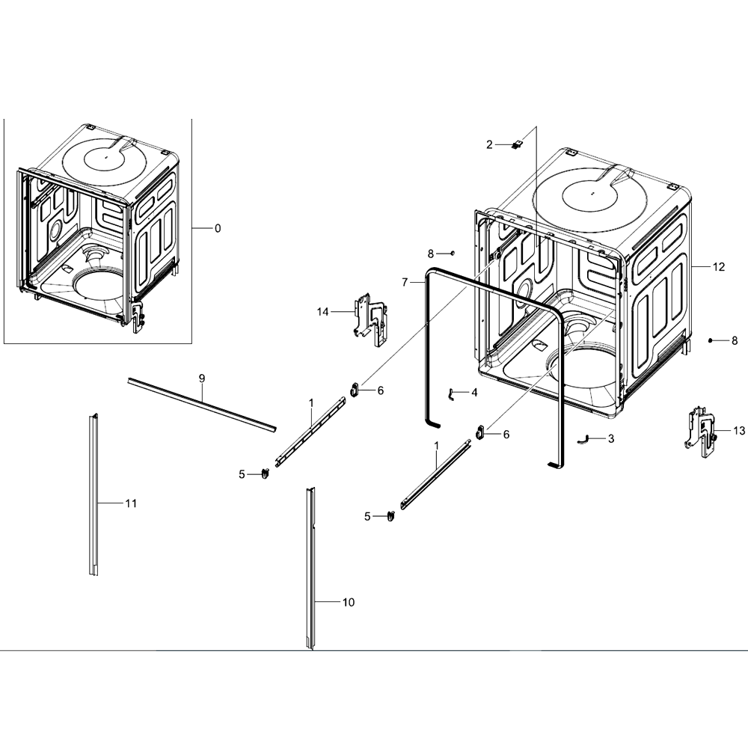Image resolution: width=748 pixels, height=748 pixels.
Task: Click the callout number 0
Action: (218, 228)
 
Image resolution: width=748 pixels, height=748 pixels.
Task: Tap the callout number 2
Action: (489, 144)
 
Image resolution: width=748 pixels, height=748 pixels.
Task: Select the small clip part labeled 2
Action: (516, 144)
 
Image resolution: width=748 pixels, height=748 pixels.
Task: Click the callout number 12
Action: (718, 267)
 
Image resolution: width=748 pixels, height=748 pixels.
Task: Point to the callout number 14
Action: (323, 312)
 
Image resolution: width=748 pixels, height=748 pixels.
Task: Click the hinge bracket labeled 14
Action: (370, 319)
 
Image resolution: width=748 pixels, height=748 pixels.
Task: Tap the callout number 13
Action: (739, 432)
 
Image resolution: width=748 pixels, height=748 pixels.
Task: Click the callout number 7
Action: (405, 283)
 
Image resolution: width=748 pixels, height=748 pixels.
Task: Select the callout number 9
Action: (202, 378)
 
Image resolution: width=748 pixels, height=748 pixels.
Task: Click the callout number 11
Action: (131, 503)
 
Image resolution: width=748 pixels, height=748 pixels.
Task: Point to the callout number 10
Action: (349, 602)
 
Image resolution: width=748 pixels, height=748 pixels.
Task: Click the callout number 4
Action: (473, 393)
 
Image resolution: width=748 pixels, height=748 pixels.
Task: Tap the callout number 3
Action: (611, 439)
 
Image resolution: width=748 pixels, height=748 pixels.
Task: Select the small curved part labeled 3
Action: (583, 439)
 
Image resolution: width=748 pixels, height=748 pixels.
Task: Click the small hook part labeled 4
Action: (450, 394)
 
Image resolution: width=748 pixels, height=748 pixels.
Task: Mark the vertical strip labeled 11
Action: (93, 494)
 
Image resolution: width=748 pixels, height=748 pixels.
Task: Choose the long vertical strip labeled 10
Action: (311, 568)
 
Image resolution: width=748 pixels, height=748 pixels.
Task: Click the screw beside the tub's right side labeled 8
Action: (711, 340)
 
